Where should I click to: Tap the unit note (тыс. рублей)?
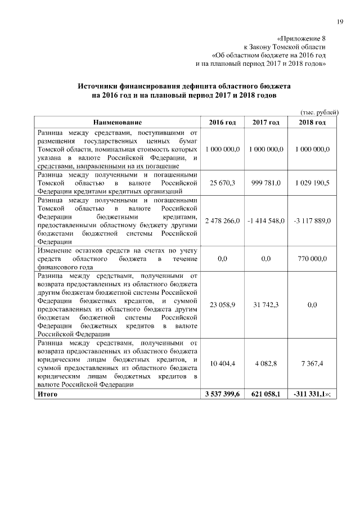[x=319, y=112]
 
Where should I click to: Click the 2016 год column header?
[x=222, y=122]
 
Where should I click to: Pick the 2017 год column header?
[x=266, y=122]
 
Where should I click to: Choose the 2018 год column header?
[x=312, y=122]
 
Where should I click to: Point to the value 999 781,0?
[x=266, y=183]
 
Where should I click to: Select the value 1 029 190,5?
[x=312, y=183]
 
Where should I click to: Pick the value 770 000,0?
[x=312, y=259]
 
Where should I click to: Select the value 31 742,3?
[x=266, y=305]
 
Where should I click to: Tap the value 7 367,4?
[x=312, y=364]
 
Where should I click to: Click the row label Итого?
[x=47, y=395]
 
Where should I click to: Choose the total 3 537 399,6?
[x=223, y=395]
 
